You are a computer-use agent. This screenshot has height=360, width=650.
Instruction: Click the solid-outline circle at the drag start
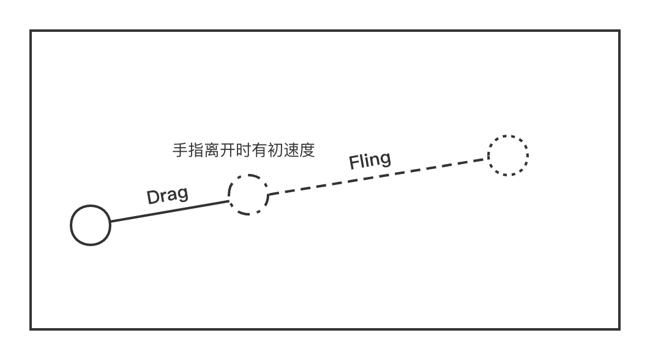[x=71, y=225]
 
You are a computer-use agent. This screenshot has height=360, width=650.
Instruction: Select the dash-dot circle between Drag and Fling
[x=230, y=195]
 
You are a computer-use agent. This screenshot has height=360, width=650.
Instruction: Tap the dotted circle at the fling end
[x=488, y=156]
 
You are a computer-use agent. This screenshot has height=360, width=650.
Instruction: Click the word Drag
[x=168, y=195]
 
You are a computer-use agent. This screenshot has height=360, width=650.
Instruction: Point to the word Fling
[x=370, y=160]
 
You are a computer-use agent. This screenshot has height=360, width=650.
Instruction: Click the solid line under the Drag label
[x=170, y=211]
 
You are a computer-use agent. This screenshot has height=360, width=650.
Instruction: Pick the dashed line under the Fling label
[x=378, y=176]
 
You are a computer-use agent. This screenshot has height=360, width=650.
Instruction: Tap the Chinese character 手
[x=180, y=150]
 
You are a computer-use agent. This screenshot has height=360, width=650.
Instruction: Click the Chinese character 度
[x=307, y=150]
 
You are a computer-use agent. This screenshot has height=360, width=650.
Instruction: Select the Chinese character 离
[x=212, y=150]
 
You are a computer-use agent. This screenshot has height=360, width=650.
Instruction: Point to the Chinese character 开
[x=228, y=150]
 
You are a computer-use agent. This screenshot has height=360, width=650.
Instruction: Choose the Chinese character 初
[x=275, y=150]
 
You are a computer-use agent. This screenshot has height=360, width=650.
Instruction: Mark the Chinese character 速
[x=291, y=150]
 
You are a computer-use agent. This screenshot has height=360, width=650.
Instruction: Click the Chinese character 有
[x=260, y=150]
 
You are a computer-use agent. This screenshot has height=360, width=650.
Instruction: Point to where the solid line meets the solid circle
[x=111, y=222]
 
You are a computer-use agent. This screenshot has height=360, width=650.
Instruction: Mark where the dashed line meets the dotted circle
[x=488, y=159]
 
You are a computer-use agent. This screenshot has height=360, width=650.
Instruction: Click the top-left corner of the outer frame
[x=31, y=31]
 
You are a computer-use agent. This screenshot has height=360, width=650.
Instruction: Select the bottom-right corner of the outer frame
[x=619, y=329]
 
